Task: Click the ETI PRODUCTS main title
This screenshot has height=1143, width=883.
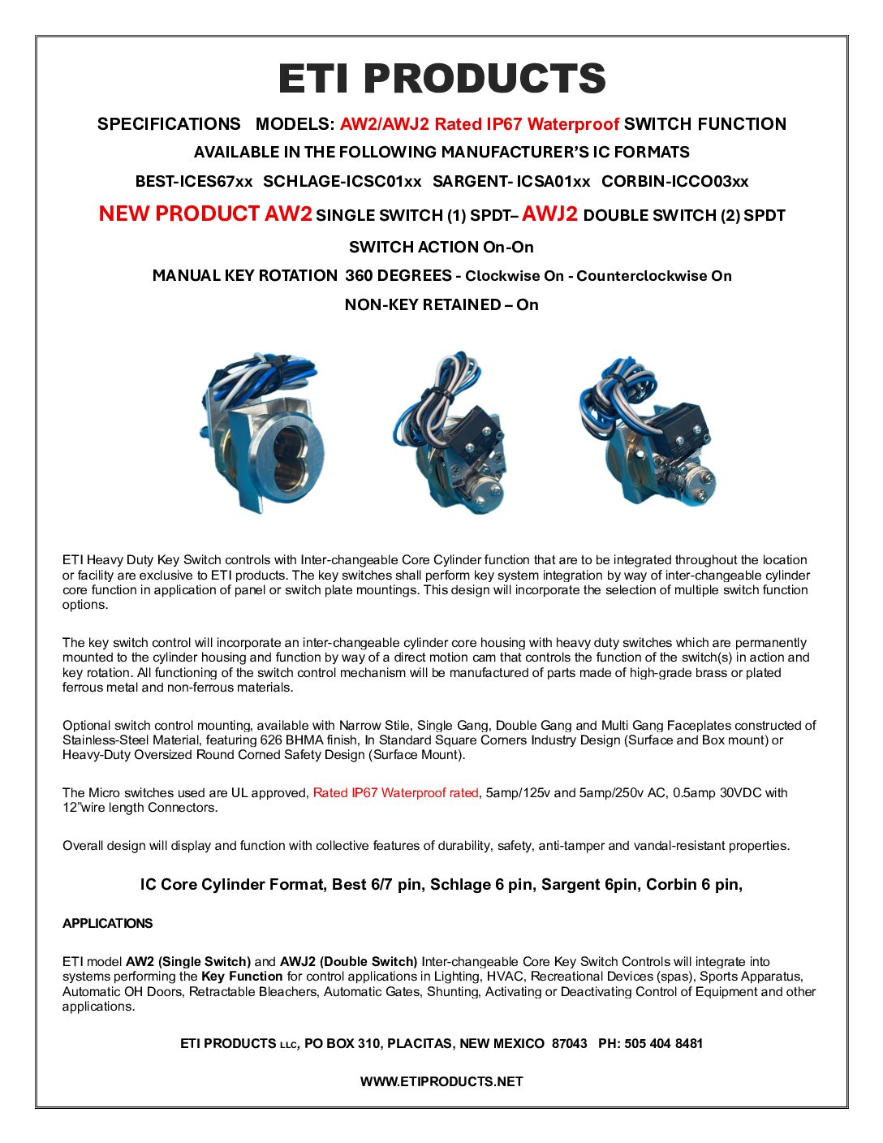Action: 441,79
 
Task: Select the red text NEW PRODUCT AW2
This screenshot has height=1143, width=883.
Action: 205,214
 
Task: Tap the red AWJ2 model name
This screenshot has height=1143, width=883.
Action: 549,214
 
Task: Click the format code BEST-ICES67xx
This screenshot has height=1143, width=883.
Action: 194,182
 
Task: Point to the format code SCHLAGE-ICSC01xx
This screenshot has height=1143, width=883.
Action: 342,182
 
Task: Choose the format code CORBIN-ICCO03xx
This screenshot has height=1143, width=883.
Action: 674,182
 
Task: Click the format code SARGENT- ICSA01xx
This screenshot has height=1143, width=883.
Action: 511,182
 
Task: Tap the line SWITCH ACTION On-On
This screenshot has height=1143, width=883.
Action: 441,247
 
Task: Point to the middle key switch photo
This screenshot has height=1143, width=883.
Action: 451,434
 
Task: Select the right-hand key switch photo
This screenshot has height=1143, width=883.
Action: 647,430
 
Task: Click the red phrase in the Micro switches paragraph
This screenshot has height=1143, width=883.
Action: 396,793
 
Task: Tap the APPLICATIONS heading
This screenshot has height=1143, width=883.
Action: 107,924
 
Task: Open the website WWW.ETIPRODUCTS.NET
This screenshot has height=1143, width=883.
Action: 441,1081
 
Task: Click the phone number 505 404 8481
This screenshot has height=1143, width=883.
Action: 663,1044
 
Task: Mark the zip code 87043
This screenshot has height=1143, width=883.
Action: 569,1044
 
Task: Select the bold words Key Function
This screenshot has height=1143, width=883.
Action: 242,977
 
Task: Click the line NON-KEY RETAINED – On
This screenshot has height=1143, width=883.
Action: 441,305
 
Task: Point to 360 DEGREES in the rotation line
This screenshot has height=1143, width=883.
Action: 398,276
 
